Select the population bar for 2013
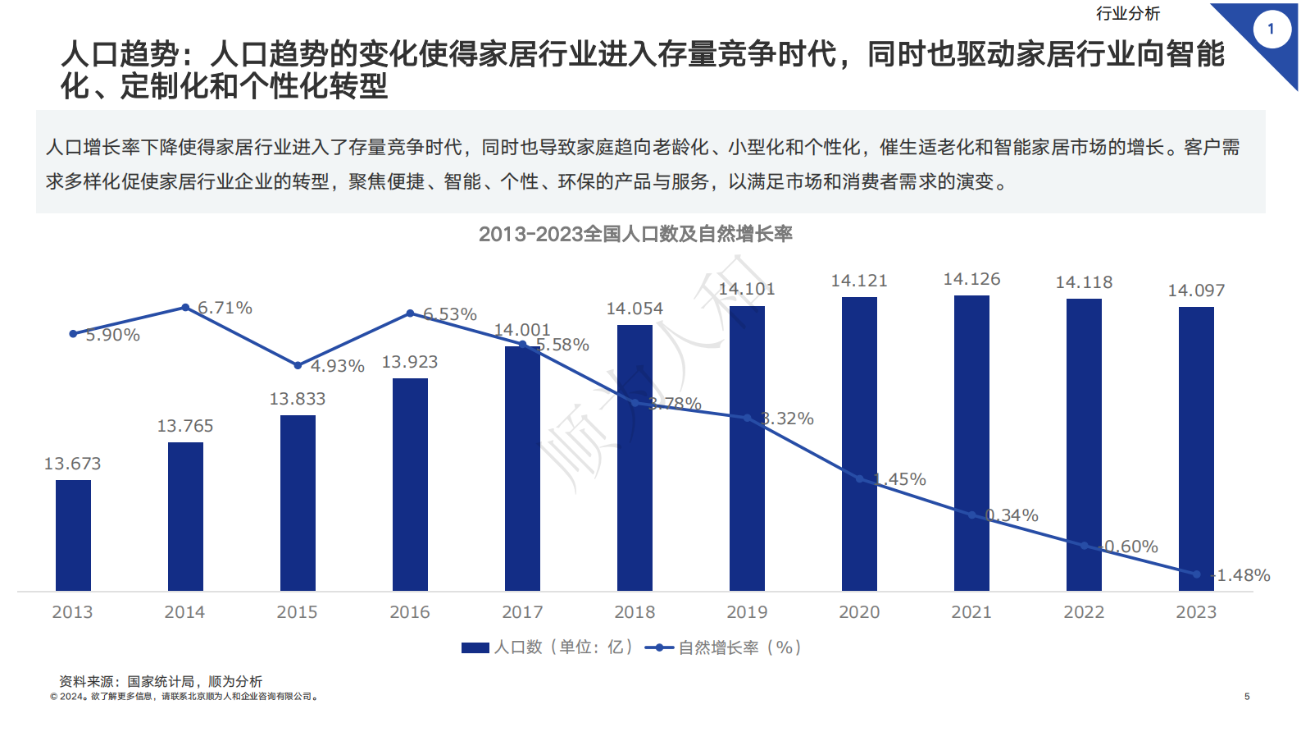(x=73, y=535)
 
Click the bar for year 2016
(x=410, y=484)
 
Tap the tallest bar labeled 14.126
(x=971, y=443)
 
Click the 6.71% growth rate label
(x=225, y=308)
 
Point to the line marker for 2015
(x=298, y=365)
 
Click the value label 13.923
(x=410, y=362)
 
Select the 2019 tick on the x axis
(x=747, y=612)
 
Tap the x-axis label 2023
(x=1196, y=612)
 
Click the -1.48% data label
(x=1242, y=575)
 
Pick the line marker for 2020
(x=859, y=478)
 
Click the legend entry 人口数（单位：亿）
(x=548, y=647)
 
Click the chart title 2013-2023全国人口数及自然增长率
(x=635, y=234)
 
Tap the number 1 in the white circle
(x=1271, y=29)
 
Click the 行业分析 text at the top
(x=1128, y=13)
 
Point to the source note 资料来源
(x=161, y=681)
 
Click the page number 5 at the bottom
(x=1247, y=697)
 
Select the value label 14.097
(x=1196, y=291)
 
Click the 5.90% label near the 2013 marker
(x=112, y=335)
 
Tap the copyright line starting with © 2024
(x=184, y=697)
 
